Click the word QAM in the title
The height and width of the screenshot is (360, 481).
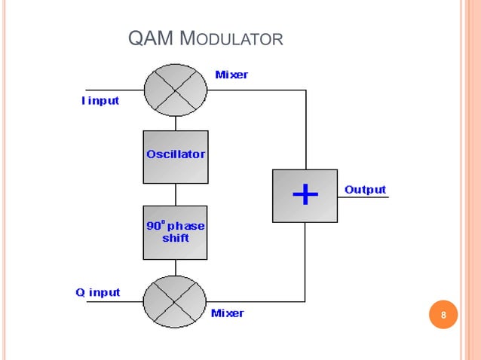[153, 38]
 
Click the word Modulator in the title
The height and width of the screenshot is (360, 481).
[234, 38]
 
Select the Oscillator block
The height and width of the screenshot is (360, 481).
[175, 157]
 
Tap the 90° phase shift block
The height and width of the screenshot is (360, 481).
[175, 232]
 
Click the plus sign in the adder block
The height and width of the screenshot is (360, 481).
[305, 195]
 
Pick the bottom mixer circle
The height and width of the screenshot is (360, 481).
[175, 302]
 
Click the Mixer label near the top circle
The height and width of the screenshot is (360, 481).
[231, 75]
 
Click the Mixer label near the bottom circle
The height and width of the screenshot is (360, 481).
[227, 313]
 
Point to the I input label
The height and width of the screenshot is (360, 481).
[100, 101]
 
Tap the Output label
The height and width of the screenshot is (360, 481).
[365, 190]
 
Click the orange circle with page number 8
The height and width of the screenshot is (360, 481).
[443, 315]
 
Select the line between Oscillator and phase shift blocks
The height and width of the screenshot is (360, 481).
[176, 194]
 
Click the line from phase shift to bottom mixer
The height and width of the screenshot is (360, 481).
[176, 267]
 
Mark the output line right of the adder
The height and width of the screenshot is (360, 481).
[363, 197]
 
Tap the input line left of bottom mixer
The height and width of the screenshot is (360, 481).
[113, 302]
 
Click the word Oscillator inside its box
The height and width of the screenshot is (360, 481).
[175, 154]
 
